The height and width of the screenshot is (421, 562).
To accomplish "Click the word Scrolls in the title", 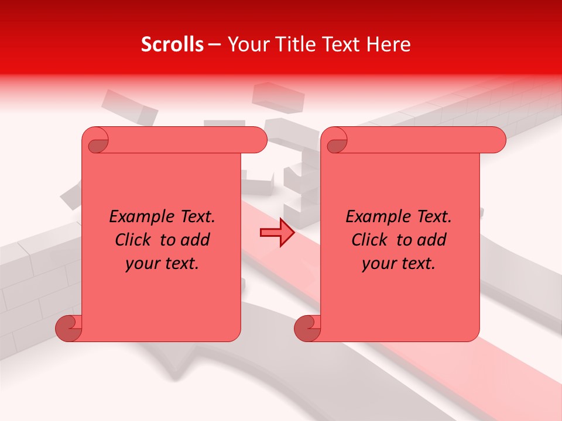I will [x=173, y=44].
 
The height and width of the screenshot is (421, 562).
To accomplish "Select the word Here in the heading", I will [x=389, y=44].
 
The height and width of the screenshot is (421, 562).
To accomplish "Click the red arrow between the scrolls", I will [x=277, y=233].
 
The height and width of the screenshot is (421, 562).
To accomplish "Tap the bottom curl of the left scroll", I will [x=68, y=328].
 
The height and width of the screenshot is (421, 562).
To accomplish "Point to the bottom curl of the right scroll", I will [x=307, y=328].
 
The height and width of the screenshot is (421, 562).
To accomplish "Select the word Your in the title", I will [x=245, y=44].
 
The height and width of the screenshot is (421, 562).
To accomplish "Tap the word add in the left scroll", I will [x=196, y=240].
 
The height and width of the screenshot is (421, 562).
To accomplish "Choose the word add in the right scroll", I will [x=432, y=240].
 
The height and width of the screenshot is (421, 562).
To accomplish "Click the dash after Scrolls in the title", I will [x=215, y=44].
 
